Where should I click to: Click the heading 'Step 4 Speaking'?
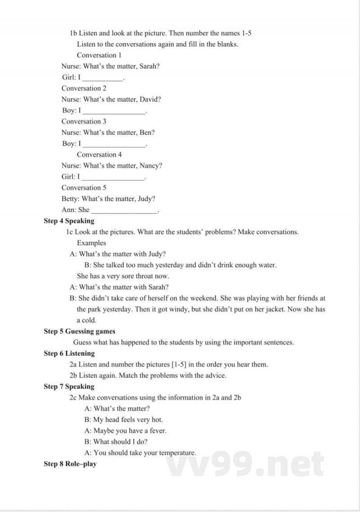pos(69,221)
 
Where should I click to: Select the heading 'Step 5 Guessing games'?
pos(79,331)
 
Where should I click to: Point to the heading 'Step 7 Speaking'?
pos(69,386)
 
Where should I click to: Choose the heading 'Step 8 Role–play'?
pos(70,464)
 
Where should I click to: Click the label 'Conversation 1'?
pos(99,55)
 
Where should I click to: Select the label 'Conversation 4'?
pos(99,154)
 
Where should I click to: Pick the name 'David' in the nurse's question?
pos(149,99)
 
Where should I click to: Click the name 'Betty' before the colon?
pos(70,199)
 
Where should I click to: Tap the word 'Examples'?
pos(91,243)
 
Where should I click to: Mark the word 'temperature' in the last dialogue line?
pos(177,453)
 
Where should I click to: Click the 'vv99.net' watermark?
pos(245,464)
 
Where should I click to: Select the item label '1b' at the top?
pos(74,33)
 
